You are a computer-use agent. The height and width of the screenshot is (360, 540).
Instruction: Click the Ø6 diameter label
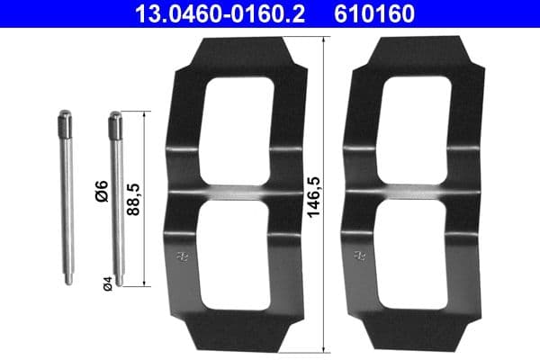(102, 191)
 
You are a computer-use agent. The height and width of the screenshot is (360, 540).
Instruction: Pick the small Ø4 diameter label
(106, 283)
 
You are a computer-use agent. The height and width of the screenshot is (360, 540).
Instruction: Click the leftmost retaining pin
(66, 198)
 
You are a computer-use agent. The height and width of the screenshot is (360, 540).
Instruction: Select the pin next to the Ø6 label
(115, 198)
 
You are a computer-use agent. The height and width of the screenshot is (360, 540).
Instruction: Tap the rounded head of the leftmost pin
(65, 117)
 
